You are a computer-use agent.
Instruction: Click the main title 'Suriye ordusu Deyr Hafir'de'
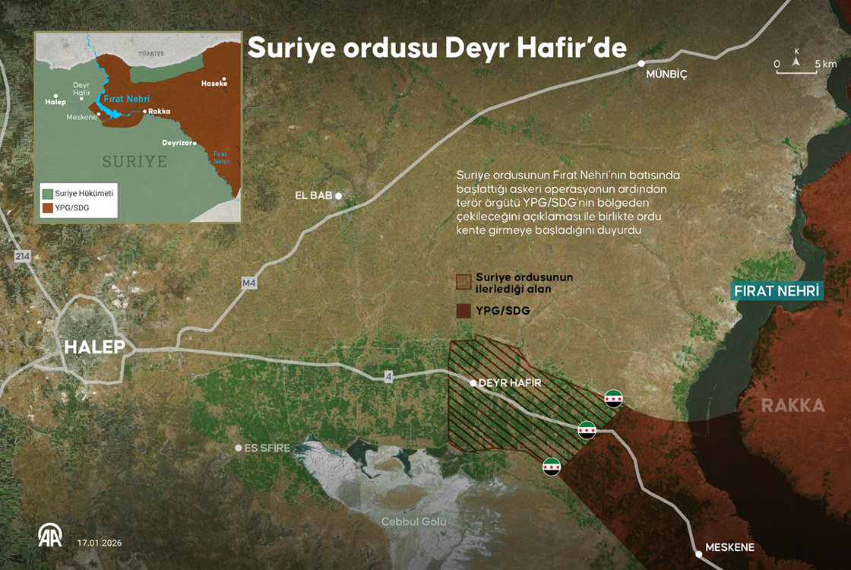point(437,48)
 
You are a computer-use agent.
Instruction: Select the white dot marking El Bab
point(339,196)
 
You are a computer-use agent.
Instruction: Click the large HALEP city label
point(94,347)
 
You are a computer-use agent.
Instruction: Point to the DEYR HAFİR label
point(510,383)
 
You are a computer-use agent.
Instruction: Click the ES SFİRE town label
point(267,448)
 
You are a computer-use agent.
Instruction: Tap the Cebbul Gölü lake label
point(413,521)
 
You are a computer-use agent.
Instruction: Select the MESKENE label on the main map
point(729,547)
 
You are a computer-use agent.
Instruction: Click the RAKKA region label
point(792,406)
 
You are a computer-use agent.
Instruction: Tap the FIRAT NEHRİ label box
point(778,291)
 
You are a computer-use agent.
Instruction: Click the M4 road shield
point(248,283)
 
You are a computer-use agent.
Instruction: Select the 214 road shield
point(21,258)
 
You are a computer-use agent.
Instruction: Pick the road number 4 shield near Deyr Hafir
point(388,376)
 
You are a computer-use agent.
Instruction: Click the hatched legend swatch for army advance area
point(462,282)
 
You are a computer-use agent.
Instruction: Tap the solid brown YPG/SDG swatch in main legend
point(462,311)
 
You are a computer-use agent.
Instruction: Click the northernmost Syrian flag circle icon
point(613,397)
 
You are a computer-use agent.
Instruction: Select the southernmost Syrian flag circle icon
point(552,466)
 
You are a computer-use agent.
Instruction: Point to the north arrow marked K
point(796,61)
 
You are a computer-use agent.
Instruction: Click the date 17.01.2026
point(100,543)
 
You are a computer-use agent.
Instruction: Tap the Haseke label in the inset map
point(214,83)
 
